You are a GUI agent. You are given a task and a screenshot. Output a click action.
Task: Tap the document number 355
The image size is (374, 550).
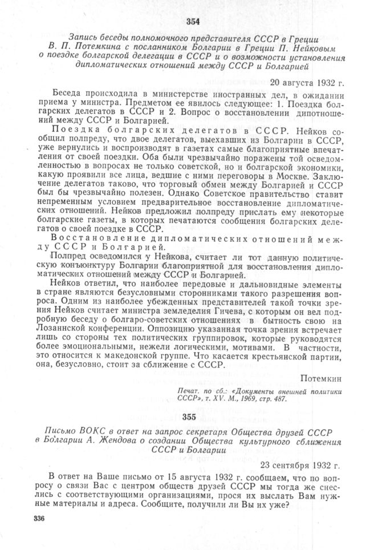(189, 418)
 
